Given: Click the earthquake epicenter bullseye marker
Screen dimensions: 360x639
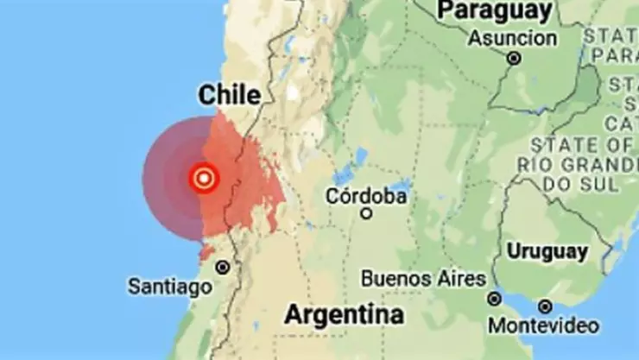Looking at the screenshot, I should tap(204, 179).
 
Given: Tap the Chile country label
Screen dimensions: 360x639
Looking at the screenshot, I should tap(229, 95).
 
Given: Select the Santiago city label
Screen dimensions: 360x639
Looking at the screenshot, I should tap(169, 286).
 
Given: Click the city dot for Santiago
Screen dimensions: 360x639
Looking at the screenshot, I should tap(223, 268).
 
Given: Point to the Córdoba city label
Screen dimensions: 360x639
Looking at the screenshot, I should tap(366, 196).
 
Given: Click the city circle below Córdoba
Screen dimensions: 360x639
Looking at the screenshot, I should tap(366, 212).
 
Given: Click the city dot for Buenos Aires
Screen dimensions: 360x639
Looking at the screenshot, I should tap(494, 299).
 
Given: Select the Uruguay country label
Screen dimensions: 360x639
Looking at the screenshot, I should tap(547, 252).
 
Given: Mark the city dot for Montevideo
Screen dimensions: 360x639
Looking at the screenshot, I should tap(545, 306).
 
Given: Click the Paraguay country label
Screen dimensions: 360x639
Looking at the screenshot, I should tap(495, 11).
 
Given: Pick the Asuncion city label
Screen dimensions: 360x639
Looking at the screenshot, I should tap(513, 38).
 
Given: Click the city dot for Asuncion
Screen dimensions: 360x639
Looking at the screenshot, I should tap(515, 59).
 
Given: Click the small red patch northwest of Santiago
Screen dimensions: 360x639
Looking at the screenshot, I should tap(206, 251).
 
